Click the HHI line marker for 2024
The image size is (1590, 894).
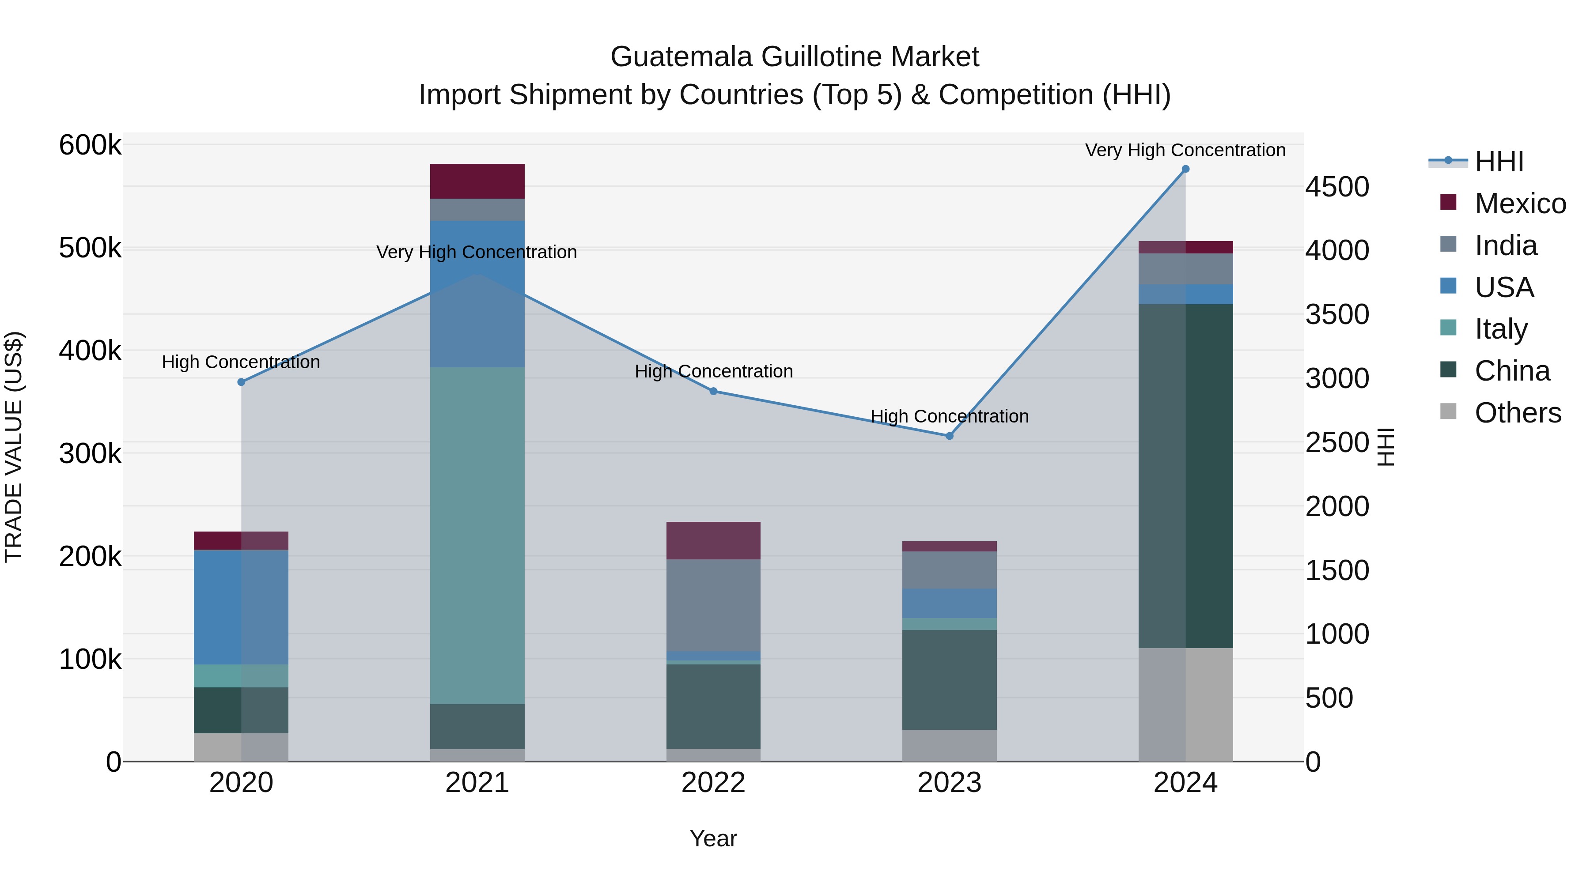1185,169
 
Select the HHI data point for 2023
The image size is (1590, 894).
949,436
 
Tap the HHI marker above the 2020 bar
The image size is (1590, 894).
241,382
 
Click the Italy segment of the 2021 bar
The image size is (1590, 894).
477,536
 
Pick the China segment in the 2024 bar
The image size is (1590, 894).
1185,475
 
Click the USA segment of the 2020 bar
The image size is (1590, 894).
241,607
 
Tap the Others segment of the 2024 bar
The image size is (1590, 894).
1185,705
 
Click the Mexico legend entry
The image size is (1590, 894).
1520,204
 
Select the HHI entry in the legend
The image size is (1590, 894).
1499,162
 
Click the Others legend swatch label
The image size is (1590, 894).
1517,413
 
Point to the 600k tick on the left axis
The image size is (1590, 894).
90,146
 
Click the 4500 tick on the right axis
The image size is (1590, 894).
1337,187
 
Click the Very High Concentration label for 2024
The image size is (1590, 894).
1185,150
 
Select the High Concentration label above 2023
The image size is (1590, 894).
949,416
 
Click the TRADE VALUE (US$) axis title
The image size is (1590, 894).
14,447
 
